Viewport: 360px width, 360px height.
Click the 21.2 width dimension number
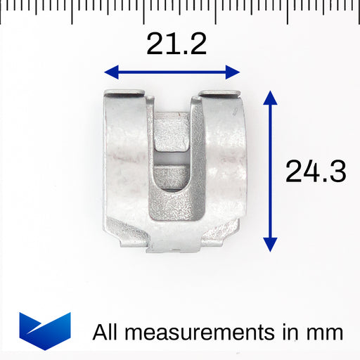pos(176,44)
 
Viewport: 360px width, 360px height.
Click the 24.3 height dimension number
pos(316,171)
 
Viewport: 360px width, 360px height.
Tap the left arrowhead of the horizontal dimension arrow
pos(111,72)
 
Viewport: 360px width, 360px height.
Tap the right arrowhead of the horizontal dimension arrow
pos(233,72)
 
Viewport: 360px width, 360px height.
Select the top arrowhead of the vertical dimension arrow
pos(270,98)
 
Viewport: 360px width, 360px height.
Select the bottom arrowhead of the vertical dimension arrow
pos(270,245)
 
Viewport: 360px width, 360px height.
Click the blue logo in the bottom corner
pos(45,331)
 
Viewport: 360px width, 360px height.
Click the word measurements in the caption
pos(200,333)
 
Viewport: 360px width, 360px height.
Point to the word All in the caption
pos(105,332)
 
